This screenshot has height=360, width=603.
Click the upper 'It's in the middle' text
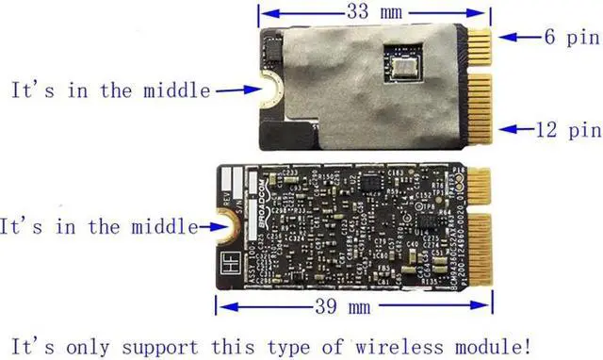click(x=111, y=90)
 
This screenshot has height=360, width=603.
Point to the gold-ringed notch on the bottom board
click(x=225, y=227)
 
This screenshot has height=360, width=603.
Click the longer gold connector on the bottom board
click(x=480, y=250)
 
